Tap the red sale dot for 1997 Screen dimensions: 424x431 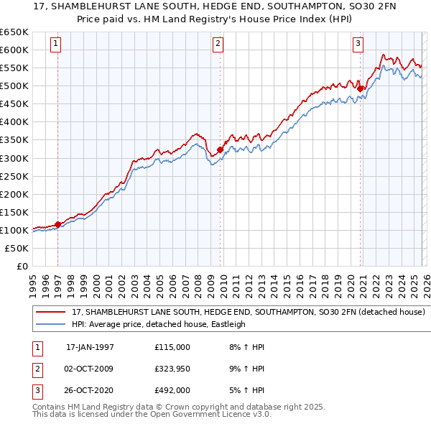click(x=57, y=224)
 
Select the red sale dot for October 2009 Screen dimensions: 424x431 click(x=220, y=149)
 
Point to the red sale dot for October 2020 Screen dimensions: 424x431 click(x=361, y=88)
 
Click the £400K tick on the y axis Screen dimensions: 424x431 click(x=14, y=121)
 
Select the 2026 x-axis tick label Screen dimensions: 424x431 click(x=425, y=280)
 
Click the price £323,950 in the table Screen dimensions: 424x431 click(x=172, y=368)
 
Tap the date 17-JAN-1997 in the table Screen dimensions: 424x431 click(x=90, y=347)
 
